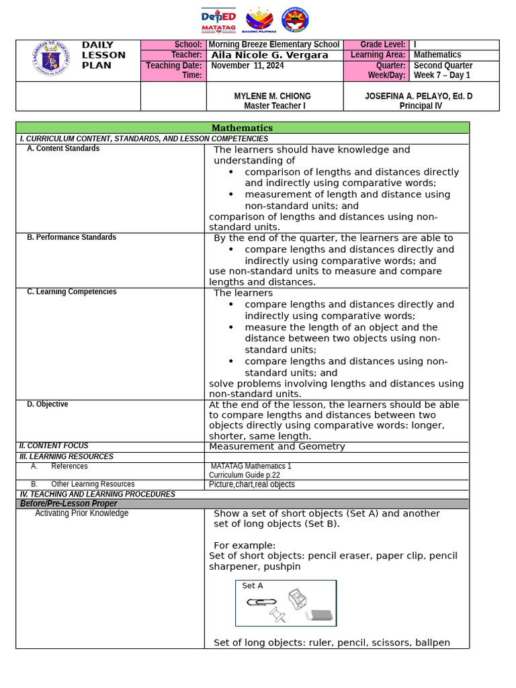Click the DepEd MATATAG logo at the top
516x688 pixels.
click(218, 20)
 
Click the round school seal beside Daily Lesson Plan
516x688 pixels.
click(50, 58)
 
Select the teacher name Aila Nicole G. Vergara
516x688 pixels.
click(269, 55)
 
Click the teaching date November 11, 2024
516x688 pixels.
click(247, 66)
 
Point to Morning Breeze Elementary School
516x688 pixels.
click(274, 44)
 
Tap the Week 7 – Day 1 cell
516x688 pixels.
click(442, 75)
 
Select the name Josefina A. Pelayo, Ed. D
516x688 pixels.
click(419, 96)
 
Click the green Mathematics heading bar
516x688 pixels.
click(243, 128)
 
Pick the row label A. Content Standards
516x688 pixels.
click(63, 148)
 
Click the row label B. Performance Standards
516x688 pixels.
click(71, 237)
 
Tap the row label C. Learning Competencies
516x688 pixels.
click(72, 292)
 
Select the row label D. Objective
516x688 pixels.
click(47, 404)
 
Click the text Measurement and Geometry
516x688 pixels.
click(277, 446)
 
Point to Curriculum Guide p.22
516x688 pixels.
click(245, 475)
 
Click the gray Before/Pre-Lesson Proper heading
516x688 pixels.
click(69, 503)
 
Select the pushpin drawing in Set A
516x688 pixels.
click(277, 614)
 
